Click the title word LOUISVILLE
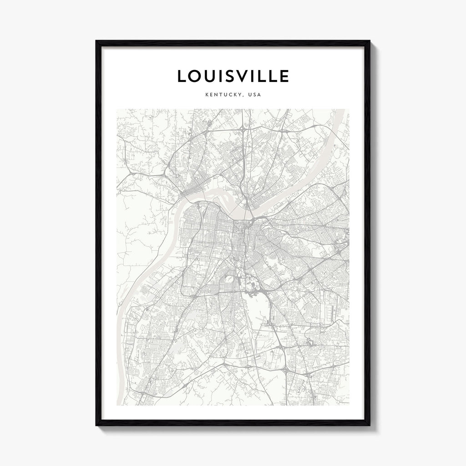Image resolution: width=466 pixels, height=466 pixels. pyautogui.click(x=233, y=76)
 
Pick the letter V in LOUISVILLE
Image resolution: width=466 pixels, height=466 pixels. pyautogui.click(x=250, y=76)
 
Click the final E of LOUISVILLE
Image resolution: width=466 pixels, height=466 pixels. pyautogui.click(x=284, y=76)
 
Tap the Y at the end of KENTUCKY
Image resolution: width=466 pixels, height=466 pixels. pyautogui.click(x=240, y=96)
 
